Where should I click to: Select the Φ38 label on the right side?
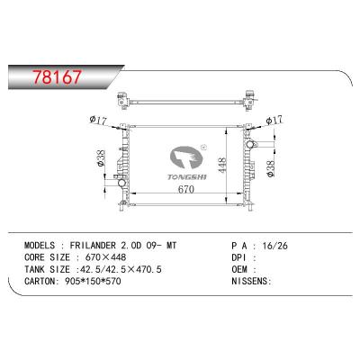pyautogui.click(x=274, y=166)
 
